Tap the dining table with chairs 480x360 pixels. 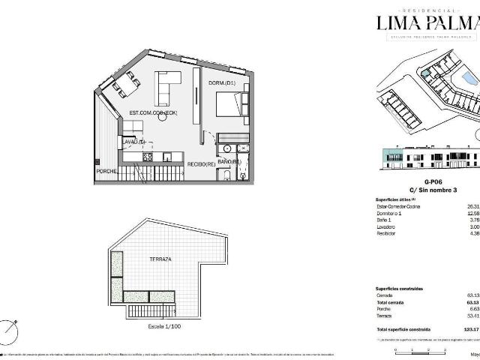point(120,86)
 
